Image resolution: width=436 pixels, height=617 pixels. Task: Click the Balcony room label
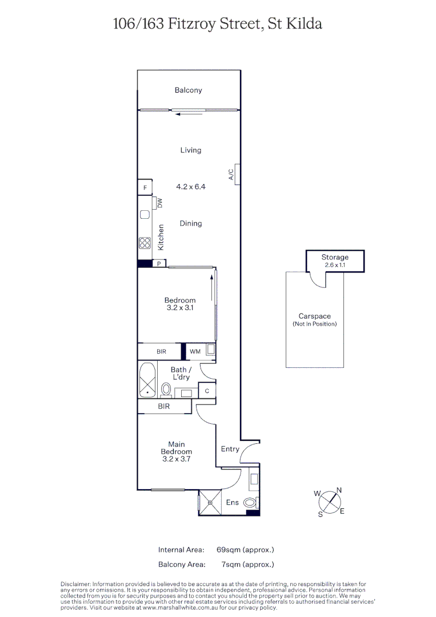188,90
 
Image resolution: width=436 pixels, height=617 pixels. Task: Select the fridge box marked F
145,187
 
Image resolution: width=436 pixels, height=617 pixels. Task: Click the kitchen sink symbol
145,215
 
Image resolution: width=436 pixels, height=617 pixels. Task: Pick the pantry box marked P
159,263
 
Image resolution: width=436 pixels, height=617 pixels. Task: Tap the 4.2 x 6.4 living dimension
190,187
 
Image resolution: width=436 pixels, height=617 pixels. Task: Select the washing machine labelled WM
195,351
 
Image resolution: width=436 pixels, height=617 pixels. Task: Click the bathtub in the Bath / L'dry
147,379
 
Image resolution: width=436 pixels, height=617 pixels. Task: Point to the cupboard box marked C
206,391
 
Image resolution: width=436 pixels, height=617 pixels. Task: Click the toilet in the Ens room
250,503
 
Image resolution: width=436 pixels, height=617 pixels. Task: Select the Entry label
230,449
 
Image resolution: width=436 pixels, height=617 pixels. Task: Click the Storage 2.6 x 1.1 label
334,261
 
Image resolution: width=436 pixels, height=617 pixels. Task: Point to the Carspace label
314,316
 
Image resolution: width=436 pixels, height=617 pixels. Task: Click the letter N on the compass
339,490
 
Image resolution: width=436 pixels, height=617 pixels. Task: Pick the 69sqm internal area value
245,550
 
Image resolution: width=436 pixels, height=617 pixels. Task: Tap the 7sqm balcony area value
247,564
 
